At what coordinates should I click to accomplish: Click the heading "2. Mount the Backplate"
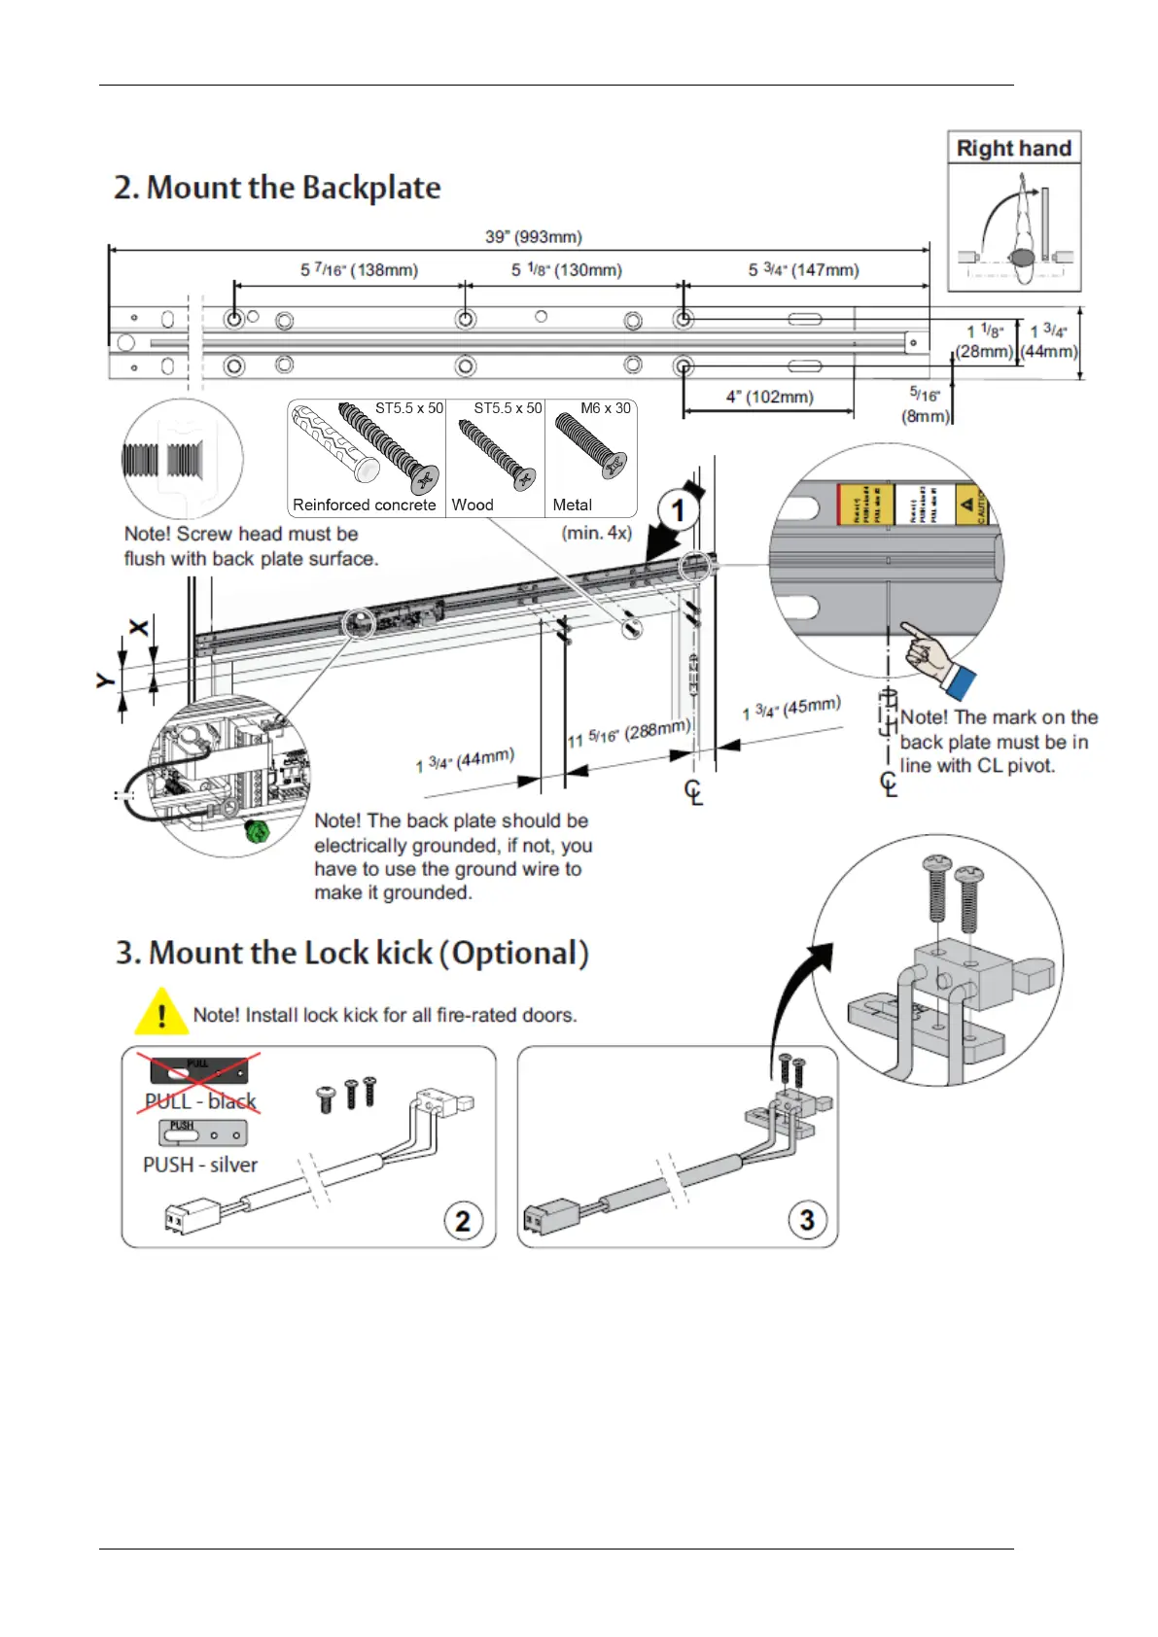point(277,188)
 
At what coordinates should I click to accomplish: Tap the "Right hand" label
point(1013,149)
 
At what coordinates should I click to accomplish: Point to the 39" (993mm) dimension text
point(534,237)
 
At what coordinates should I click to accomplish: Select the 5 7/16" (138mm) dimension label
point(359,270)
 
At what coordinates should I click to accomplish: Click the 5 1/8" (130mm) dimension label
point(567,270)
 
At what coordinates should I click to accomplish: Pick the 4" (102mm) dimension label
point(769,397)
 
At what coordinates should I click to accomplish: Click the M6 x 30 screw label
point(606,408)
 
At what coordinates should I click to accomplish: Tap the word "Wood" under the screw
point(473,505)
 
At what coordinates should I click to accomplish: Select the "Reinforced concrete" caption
point(365,505)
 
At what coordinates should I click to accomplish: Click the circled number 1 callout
point(678,510)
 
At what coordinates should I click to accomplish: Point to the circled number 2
point(463,1220)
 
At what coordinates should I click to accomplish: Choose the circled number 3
point(806,1219)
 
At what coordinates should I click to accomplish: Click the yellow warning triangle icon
point(161,1012)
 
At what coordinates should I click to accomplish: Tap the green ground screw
point(257,831)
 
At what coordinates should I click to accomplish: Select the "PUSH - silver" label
point(200,1165)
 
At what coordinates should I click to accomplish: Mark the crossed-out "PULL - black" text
point(200,1101)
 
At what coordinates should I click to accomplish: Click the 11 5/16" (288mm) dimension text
point(629,734)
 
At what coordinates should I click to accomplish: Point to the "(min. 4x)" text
point(597,533)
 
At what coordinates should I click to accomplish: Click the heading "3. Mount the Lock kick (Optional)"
point(352,953)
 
